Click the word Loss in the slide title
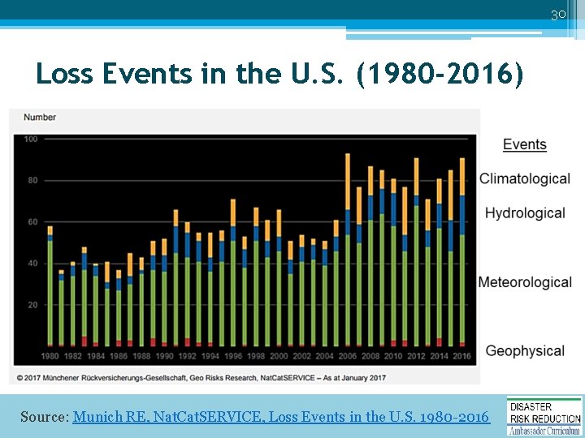pyautogui.click(x=66, y=75)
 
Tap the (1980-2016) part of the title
pyautogui.click(x=440, y=75)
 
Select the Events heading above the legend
pyautogui.click(x=524, y=145)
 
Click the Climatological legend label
pyautogui.click(x=524, y=178)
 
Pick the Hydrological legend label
pyautogui.click(x=525, y=213)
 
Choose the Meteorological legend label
pyautogui.click(x=525, y=282)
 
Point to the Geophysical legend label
pyautogui.click(x=525, y=350)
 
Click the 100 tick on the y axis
pyautogui.click(x=31, y=140)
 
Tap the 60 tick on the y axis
pyautogui.click(x=31, y=222)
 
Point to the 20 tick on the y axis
pyautogui.click(x=31, y=305)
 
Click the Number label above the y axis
pyautogui.click(x=40, y=118)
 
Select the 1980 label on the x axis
pyautogui.click(x=50, y=356)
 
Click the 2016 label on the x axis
pyautogui.click(x=462, y=356)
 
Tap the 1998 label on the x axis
pyautogui.click(x=256, y=356)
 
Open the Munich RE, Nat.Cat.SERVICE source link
pyautogui.click(x=281, y=417)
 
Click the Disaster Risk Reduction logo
pyautogui.click(x=544, y=415)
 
